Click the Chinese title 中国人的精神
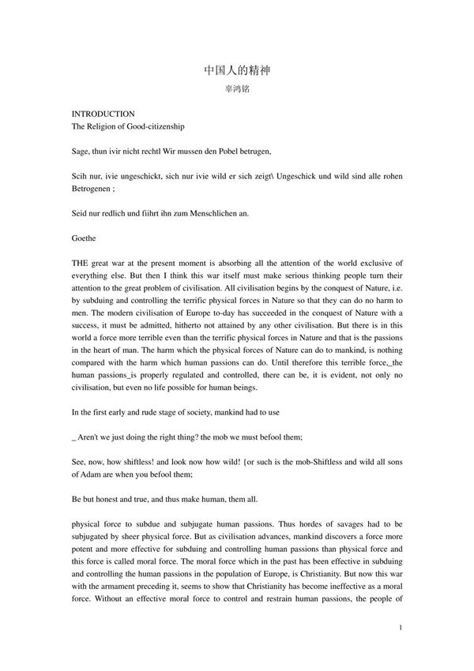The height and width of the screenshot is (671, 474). pyautogui.click(x=237, y=70)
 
